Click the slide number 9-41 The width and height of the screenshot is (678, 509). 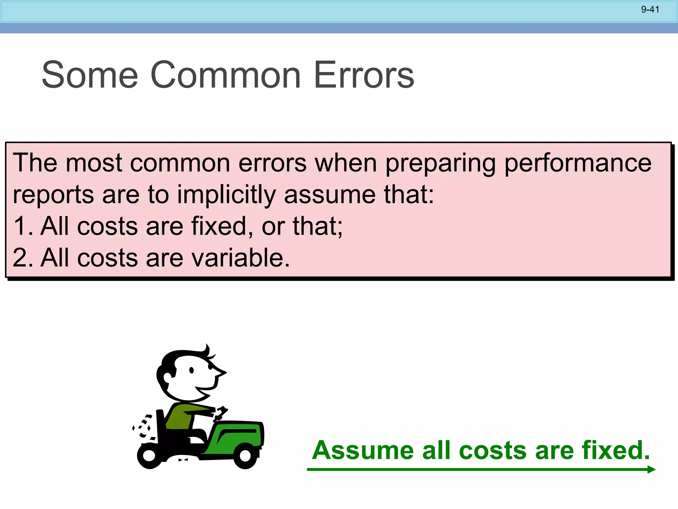[650, 10]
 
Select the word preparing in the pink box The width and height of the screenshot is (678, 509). [440, 163]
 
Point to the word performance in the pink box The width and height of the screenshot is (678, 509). [578, 163]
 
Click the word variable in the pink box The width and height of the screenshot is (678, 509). [237, 258]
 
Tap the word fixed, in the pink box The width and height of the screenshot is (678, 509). [222, 226]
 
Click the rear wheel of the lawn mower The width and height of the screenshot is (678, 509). [150, 456]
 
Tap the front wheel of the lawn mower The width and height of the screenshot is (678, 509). [245, 456]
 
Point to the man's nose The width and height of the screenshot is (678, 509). [220, 372]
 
